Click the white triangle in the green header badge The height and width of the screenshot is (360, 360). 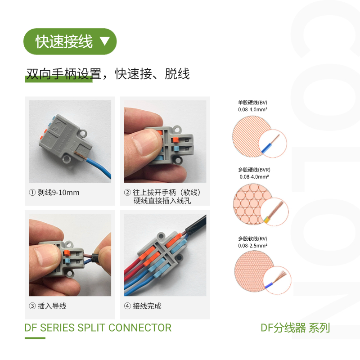pos(105,41)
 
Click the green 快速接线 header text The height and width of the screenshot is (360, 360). pos(64,41)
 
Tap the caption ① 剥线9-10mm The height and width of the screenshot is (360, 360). pos(54,193)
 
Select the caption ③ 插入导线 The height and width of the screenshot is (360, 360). pos(48,306)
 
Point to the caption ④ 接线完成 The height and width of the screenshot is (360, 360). pos(143,306)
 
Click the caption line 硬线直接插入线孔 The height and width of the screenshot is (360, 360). pos(162,201)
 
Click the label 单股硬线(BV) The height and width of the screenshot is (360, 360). pos(252,103)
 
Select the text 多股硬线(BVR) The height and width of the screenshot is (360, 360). pos(254,170)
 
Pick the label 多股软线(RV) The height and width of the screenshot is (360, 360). pos(252,238)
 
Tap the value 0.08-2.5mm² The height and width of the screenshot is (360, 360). pos(252,245)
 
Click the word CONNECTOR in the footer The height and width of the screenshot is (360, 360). pos(140,328)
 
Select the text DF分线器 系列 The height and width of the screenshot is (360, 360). pos(295,328)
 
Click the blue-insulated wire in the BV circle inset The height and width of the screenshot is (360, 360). pos(266,148)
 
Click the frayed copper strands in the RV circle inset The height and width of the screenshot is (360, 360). pos(280,275)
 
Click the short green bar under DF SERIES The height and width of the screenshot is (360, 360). pos(35,338)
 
